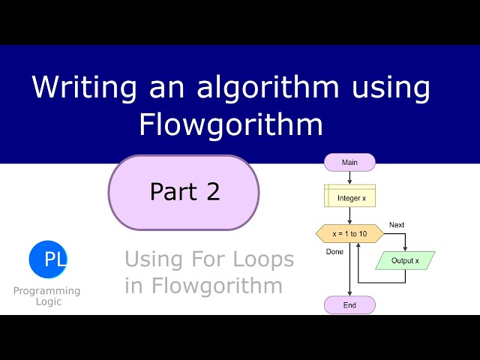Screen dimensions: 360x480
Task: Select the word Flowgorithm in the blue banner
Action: pos(230,124)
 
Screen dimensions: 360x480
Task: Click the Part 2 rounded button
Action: pos(184,192)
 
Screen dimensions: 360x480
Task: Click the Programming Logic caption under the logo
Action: pos(46,295)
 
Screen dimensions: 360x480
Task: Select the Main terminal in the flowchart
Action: pos(349,162)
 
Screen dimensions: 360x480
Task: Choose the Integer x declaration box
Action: pos(349,198)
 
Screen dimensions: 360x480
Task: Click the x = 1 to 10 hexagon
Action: pos(349,234)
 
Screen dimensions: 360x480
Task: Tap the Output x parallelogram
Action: pos(405,261)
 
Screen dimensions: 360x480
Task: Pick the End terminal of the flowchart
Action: pos(349,304)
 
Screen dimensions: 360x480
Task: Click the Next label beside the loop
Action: pos(397,225)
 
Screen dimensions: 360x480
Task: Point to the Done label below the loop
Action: pos(334,252)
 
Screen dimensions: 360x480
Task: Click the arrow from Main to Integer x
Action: pos(349,178)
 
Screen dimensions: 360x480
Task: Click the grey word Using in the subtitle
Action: pos(152,259)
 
